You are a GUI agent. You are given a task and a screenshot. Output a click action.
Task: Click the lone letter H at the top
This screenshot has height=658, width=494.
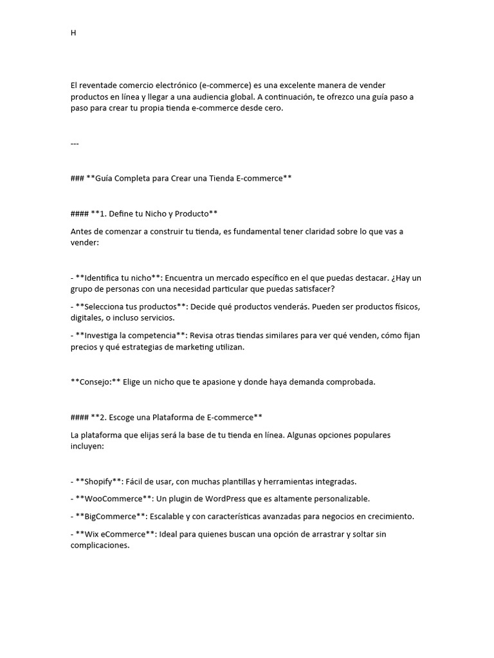[x=73, y=33]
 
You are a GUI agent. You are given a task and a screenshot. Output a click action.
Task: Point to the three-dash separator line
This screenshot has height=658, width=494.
[x=75, y=143]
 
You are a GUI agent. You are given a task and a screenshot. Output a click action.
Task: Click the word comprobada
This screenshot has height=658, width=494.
[x=344, y=382]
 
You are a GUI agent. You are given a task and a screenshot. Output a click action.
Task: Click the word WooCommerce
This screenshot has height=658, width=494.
[x=110, y=499]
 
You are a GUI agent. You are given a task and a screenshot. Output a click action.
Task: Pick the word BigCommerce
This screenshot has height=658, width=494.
[x=105, y=517]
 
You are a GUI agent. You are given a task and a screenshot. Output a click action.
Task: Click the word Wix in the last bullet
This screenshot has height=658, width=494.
[x=83, y=535]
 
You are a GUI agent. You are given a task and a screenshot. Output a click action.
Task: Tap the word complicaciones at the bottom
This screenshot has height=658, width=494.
[x=100, y=546]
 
